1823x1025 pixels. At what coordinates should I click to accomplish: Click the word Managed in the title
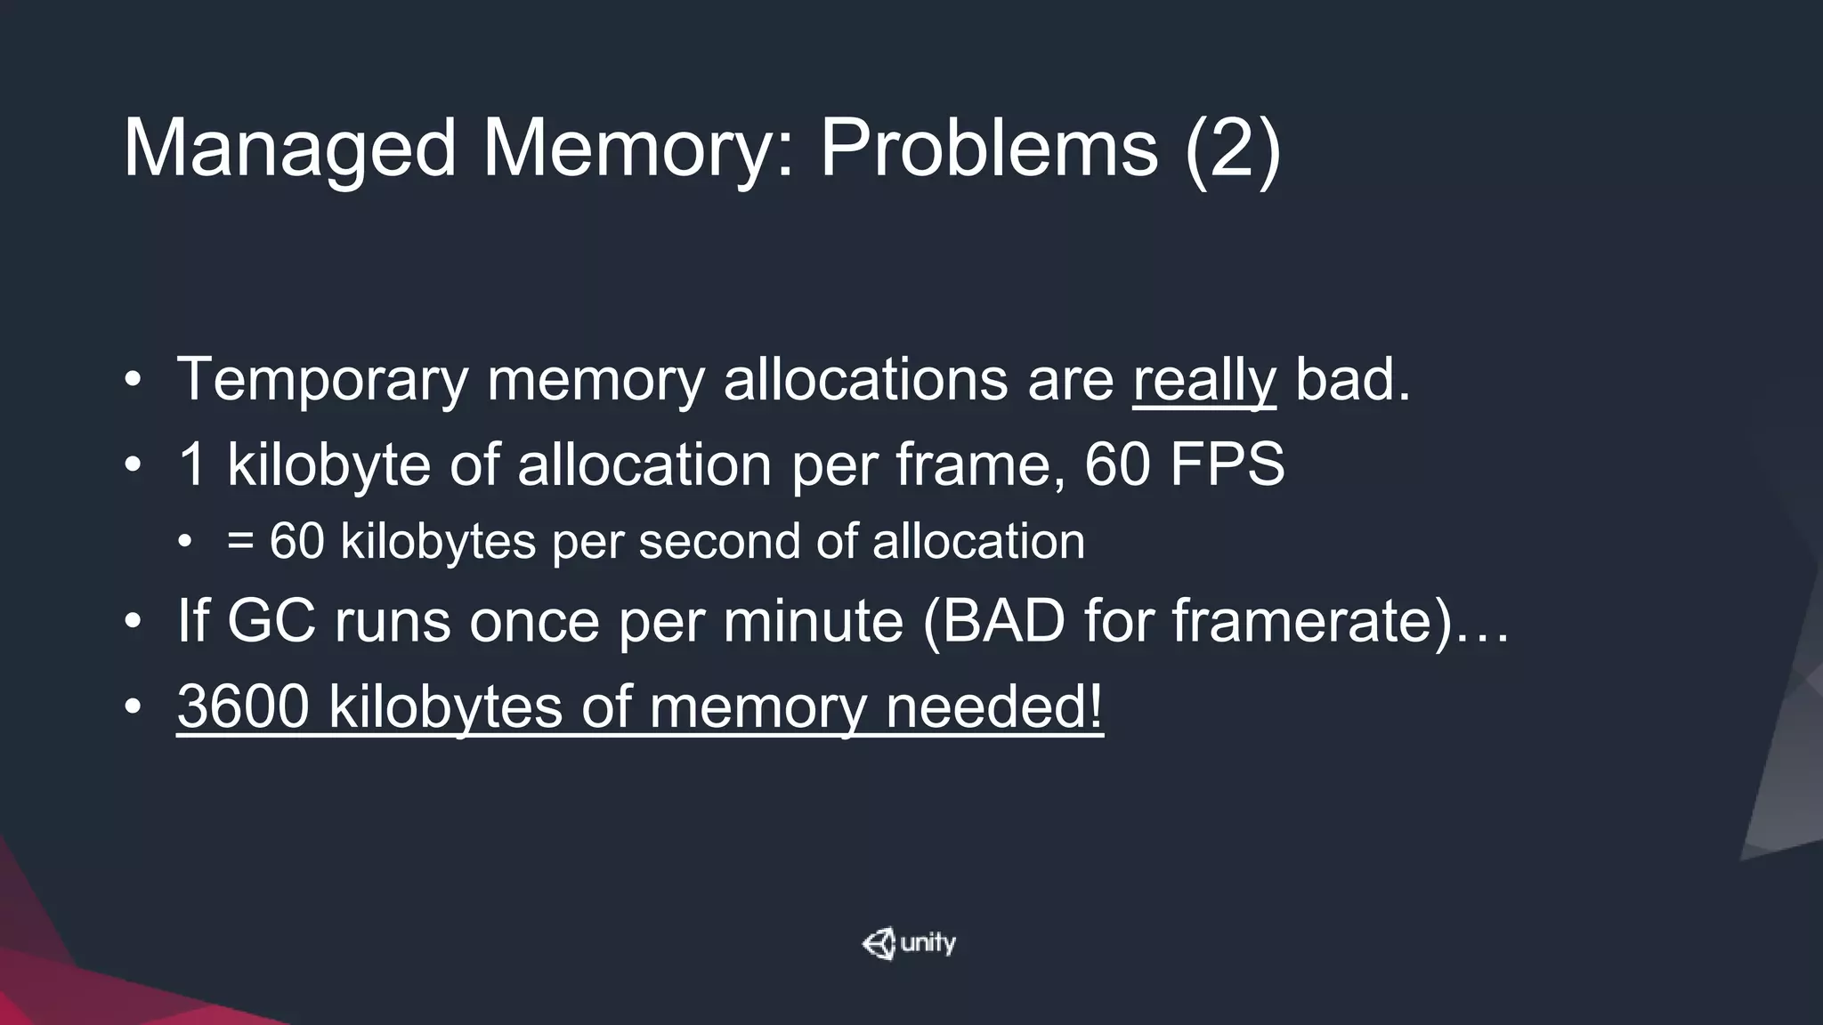click(290, 149)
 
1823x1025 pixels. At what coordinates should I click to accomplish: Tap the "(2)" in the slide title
click(1233, 149)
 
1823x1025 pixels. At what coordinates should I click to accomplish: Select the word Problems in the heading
click(989, 149)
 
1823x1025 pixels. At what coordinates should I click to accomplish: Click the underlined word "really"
click(1203, 380)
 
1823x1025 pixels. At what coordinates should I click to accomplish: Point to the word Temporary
click(322, 380)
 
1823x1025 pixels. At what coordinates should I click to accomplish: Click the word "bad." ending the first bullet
click(1352, 380)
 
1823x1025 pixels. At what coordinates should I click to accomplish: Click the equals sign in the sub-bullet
click(239, 541)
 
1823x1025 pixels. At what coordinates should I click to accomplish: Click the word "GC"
click(271, 620)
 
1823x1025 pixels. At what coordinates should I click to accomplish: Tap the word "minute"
click(813, 620)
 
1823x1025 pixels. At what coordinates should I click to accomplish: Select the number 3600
click(243, 706)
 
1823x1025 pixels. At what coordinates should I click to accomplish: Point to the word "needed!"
click(994, 706)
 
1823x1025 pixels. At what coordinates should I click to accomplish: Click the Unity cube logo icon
click(879, 944)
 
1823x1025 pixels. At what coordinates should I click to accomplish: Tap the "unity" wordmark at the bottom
click(928, 942)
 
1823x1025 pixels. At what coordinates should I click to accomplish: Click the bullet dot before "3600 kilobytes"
click(133, 707)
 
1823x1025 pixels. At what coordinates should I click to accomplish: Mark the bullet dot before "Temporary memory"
click(133, 381)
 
